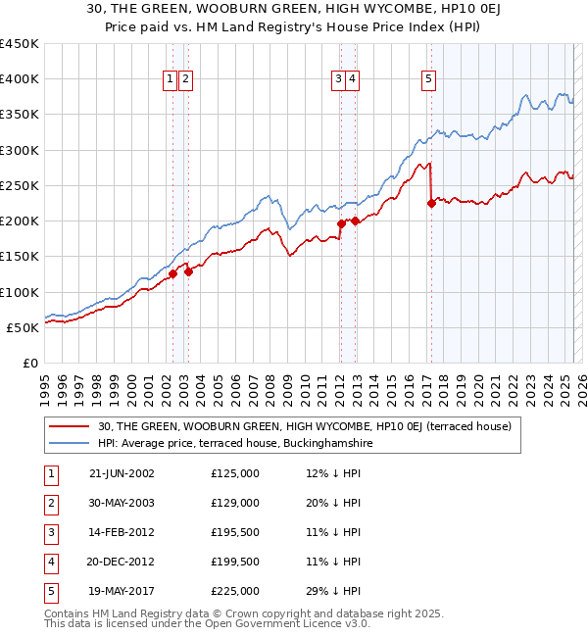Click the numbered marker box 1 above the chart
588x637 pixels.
[171, 80]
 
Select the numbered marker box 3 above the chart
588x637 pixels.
[338, 80]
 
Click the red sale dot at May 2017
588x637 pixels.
[431, 204]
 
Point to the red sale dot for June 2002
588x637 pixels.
[172, 274]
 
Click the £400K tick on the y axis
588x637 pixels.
[20, 79]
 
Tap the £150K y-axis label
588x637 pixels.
[20, 257]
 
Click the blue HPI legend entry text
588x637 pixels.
[235, 443]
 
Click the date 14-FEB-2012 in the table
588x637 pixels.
[122, 532]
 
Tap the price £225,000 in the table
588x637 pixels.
[235, 591]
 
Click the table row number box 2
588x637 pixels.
[48, 503]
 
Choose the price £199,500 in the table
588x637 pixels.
[235, 562]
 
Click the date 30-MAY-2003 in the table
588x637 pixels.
[122, 503]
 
